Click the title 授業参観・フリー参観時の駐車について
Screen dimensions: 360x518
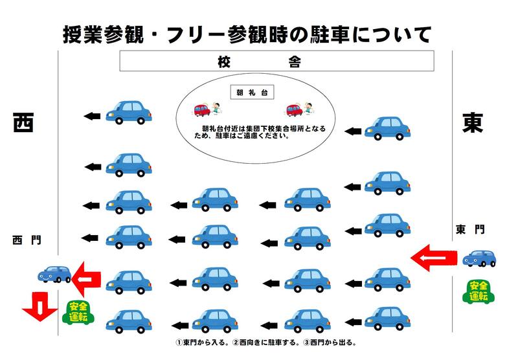[247, 33]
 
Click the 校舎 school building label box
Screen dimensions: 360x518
[276, 62]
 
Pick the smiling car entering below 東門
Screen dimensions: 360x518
[479, 258]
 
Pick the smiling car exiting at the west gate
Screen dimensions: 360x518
[54, 275]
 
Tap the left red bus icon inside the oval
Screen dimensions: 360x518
[202, 109]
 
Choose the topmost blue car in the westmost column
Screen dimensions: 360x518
[128, 112]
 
